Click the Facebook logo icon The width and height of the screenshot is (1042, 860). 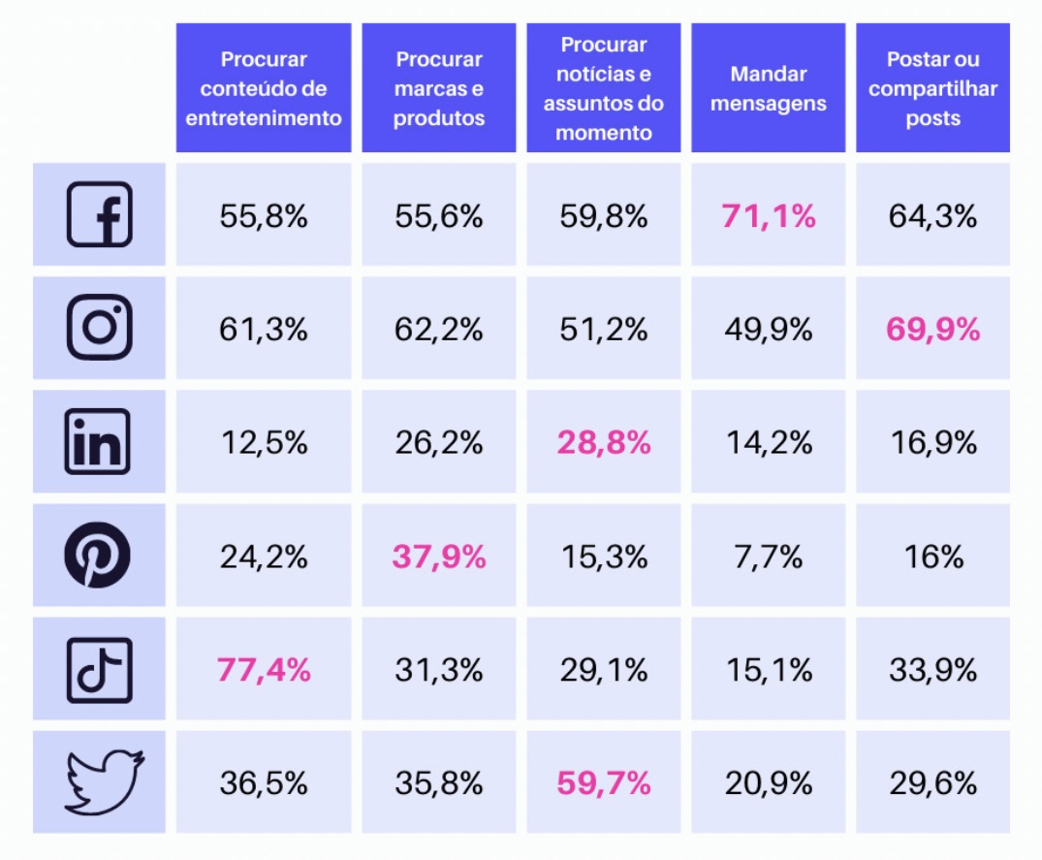click(99, 215)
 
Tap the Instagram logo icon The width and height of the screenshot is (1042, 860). click(99, 328)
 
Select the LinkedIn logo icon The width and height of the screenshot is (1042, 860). click(99, 442)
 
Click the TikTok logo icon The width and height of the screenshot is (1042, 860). click(99, 669)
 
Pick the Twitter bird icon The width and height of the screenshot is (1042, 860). click(104, 781)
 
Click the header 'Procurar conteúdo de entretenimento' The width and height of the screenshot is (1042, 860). click(264, 88)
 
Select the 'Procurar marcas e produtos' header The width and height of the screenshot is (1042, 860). click(439, 88)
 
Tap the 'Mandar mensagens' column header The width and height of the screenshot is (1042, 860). click(768, 88)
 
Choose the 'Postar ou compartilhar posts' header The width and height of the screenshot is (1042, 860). click(932, 88)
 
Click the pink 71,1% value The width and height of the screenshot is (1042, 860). click(768, 215)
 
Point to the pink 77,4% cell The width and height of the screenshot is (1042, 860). click(264, 669)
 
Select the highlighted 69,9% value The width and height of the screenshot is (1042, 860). click(932, 329)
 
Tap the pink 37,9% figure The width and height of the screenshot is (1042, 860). click(439, 557)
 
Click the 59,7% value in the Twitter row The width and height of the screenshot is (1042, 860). click(604, 782)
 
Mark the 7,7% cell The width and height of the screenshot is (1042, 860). click(768, 557)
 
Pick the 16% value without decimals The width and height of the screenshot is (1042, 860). click(932, 557)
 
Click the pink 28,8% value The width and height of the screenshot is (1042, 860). click(604, 443)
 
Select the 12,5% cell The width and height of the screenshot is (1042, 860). click(264, 443)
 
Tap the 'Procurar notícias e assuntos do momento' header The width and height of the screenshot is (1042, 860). click(604, 88)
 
